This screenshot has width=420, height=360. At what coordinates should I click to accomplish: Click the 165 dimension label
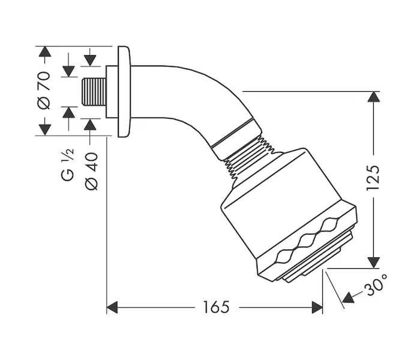(216, 307)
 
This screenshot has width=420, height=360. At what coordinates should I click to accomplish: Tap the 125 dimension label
(373, 178)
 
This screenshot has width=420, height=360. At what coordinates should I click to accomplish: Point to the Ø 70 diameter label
(44, 90)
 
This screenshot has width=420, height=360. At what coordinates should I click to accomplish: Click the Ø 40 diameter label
(92, 171)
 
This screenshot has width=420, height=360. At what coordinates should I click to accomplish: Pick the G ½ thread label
(67, 164)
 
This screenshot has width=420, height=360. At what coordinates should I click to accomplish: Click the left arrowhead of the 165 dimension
(112, 307)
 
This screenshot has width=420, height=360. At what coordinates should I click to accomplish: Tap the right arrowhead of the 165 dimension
(317, 307)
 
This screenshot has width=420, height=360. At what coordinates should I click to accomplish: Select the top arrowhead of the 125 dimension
(373, 97)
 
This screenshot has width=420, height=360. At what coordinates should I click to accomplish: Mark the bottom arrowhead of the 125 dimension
(373, 263)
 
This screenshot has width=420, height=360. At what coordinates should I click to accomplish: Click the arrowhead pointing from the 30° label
(348, 298)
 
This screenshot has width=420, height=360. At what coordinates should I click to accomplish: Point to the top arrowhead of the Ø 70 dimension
(45, 52)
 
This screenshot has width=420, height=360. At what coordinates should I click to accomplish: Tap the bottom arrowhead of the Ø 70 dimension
(45, 130)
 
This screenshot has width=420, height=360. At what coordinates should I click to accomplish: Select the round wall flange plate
(124, 92)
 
